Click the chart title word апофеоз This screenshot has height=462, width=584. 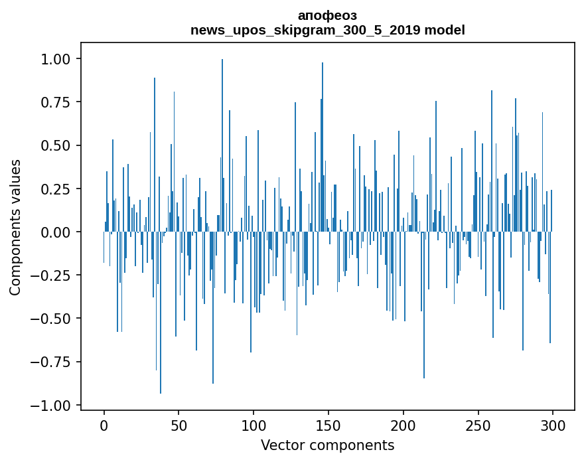(x=327, y=15)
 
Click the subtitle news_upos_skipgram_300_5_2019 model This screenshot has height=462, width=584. (x=327, y=30)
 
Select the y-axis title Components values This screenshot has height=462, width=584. (x=15, y=227)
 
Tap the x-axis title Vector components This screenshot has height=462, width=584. (x=327, y=445)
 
